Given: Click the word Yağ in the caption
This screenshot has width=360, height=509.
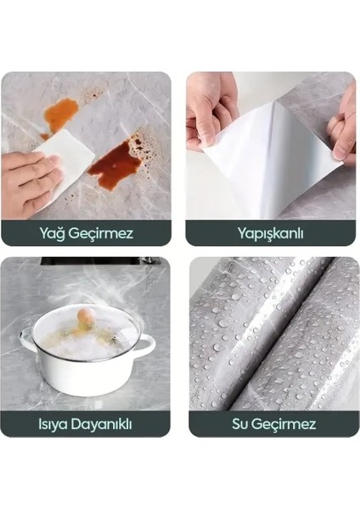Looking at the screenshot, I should click(x=54, y=232).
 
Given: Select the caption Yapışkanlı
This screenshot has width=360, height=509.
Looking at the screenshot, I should click(x=272, y=232).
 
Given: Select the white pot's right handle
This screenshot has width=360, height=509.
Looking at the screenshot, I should click(x=146, y=345).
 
